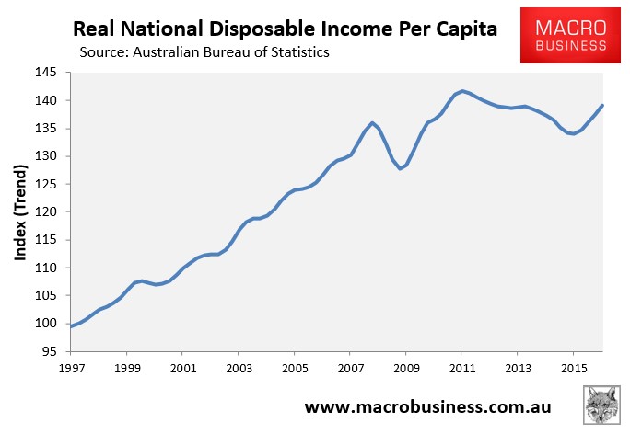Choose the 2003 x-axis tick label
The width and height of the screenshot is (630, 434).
[238, 367]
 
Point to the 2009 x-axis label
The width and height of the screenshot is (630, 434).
[405, 367]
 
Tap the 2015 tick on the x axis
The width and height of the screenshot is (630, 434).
[573, 367]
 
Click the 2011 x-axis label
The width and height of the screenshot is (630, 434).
[461, 367]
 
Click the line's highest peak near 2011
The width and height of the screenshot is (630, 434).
[462, 90]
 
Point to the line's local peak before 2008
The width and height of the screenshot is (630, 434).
[372, 122]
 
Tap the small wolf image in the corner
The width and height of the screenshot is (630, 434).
[602, 405]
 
